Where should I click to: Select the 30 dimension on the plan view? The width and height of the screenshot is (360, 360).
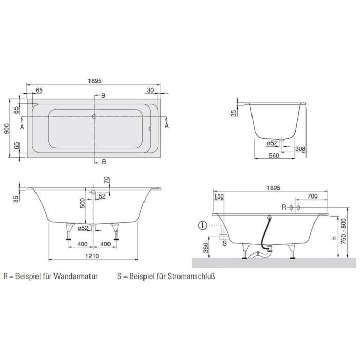click(150, 90)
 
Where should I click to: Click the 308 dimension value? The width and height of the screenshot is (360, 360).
click(301, 149)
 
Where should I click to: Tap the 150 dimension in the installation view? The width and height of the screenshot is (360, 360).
click(219, 196)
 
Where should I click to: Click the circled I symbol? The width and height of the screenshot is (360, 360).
click(203, 225)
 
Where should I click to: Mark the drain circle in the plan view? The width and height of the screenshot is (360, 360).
click(94, 117)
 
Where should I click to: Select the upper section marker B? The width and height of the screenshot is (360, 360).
click(103, 96)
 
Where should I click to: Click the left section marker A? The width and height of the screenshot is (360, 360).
click(22, 125)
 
